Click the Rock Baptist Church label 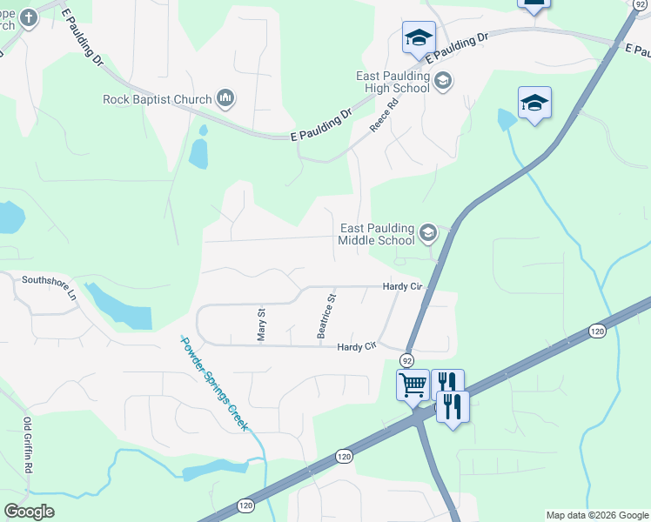(157, 99)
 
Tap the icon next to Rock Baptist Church (225, 98)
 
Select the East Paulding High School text (393, 82)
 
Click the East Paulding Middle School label (377, 234)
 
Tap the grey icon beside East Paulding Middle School (427, 232)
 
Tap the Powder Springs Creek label (214, 384)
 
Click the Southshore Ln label (50, 287)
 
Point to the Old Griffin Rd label (28, 445)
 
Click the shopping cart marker (413, 384)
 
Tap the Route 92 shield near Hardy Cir (406, 359)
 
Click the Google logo (29, 512)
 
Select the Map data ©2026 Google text (596, 515)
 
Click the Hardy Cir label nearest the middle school (402, 286)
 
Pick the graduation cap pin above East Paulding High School (419, 37)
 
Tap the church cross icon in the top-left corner (28, 17)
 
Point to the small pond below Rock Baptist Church (198, 154)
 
